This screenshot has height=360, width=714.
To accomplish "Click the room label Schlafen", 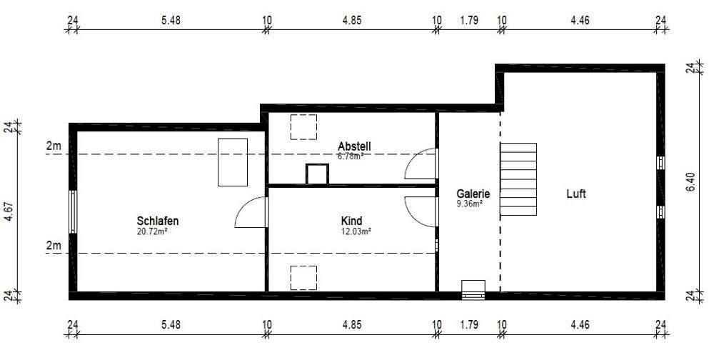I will click(157, 221).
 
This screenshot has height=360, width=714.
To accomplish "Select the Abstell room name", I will click(354, 146).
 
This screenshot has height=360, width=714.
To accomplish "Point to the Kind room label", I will click(351, 221).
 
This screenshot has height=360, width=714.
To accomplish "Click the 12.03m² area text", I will click(356, 231).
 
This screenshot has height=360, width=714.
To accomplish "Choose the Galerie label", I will click(473, 194).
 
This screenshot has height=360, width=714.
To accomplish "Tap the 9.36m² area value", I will click(469, 204).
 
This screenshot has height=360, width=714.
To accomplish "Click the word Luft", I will click(575, 194).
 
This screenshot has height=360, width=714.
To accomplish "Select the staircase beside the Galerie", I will click(518, 179).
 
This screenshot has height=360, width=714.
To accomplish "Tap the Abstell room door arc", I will click(421, 164).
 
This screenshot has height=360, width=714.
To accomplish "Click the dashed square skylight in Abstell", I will click(303, 126).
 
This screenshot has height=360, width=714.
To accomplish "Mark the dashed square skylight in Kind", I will click(303, 277).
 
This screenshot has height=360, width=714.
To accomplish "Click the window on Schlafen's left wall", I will click(72, 211).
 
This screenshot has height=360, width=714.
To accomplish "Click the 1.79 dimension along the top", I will click(468, 21).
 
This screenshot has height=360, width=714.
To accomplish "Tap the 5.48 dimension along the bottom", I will click(171, 324).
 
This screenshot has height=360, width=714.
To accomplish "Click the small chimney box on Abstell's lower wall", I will click(315, 174).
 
